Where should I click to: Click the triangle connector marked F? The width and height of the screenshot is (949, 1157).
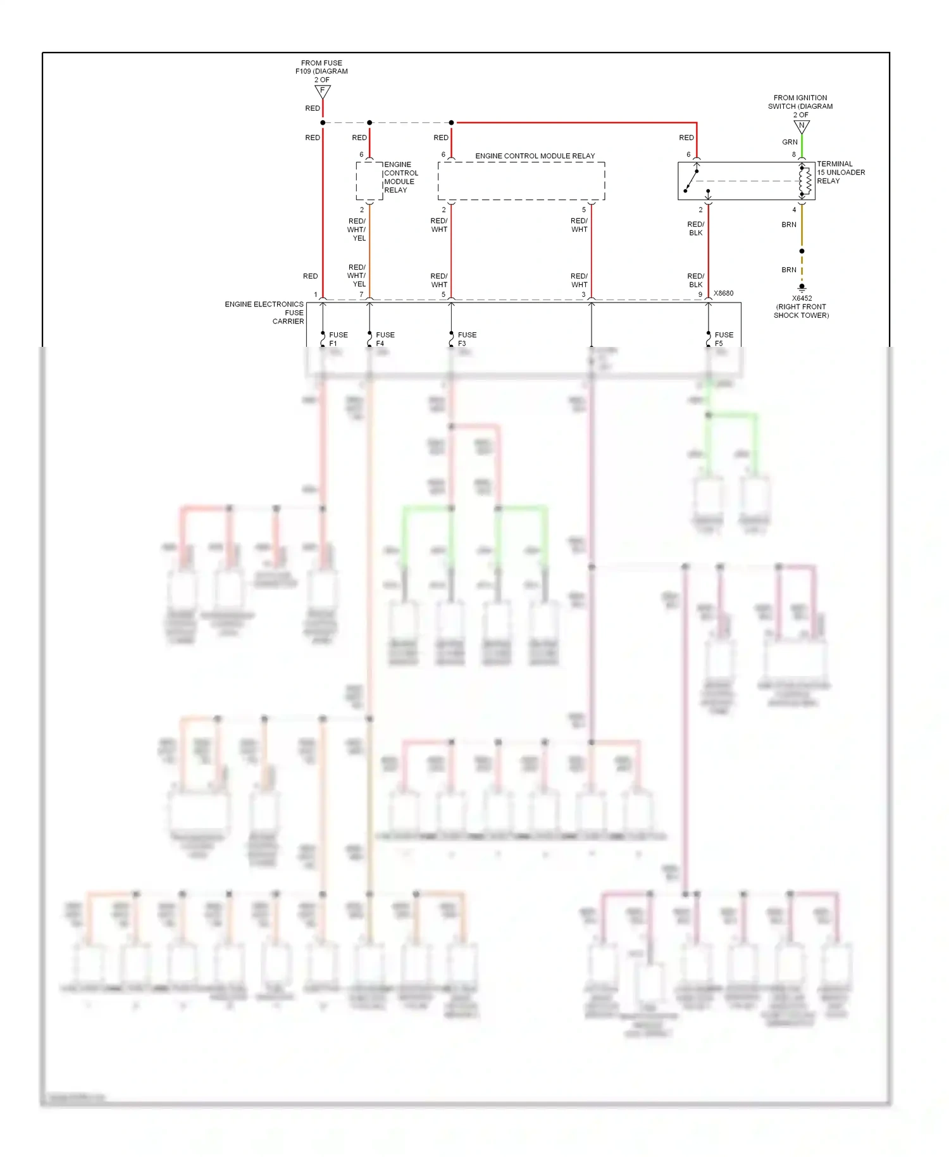(x=323, y=92)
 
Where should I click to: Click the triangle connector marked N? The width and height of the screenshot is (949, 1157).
(x=802, y=127)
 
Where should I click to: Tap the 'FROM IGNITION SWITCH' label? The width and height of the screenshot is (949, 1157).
(x=800, y=102)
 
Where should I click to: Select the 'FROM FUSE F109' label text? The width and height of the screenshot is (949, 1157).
(x=321, y=67)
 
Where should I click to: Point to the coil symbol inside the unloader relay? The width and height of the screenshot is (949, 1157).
(x=805, y=181)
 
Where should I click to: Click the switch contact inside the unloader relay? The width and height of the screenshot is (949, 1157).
(x=692, y=180)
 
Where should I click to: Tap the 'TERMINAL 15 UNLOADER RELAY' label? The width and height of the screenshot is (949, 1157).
(x=840, y=172)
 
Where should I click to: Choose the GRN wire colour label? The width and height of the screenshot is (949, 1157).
(x=790, y=142)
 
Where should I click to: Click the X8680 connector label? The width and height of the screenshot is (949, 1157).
(x=724, y=293)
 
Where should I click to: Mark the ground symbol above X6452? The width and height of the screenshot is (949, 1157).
(x=802, y=287)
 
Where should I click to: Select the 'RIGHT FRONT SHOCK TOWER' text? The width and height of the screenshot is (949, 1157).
(x=801, y=311)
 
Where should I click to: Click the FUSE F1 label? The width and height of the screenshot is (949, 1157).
(x=338, y=339)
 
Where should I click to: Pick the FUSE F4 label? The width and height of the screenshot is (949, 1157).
(x=385, y=339)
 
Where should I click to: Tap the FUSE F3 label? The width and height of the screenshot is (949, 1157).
(x=467, y=339)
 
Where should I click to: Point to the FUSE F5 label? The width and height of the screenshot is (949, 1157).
(x=724, y=339)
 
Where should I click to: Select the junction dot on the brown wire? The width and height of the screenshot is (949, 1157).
(x=802, y=251)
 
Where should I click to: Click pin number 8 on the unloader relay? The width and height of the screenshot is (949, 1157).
(x=794, y=154)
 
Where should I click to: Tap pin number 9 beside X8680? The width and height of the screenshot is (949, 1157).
(x=700, y=294)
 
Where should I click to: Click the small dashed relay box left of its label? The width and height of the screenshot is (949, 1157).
(x=369, y=181)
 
